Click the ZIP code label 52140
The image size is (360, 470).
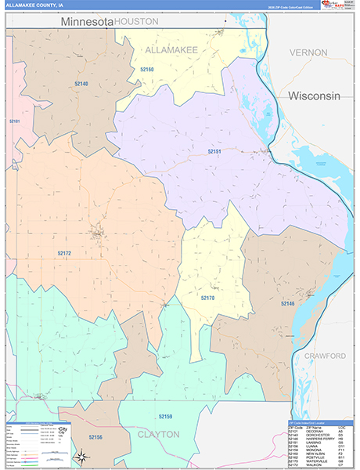coord(81,84)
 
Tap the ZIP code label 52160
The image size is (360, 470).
coord(147,70)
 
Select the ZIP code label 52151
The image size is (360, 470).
coord(215,151)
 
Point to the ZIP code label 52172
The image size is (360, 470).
coord(64,253)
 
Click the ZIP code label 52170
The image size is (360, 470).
coord(207,298)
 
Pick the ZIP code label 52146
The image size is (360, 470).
coord(287,303)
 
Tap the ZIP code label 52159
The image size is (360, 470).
coord(165,417)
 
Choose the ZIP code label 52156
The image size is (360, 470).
coord(95,437)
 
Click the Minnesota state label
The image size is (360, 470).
coord(86,23)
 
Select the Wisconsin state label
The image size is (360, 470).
coord(314,96)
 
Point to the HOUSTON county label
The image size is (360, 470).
coord(136,23)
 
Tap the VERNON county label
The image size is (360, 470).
coord(308,52)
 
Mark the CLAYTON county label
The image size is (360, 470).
coord(159,433)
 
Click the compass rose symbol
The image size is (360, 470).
coord(81,456)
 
